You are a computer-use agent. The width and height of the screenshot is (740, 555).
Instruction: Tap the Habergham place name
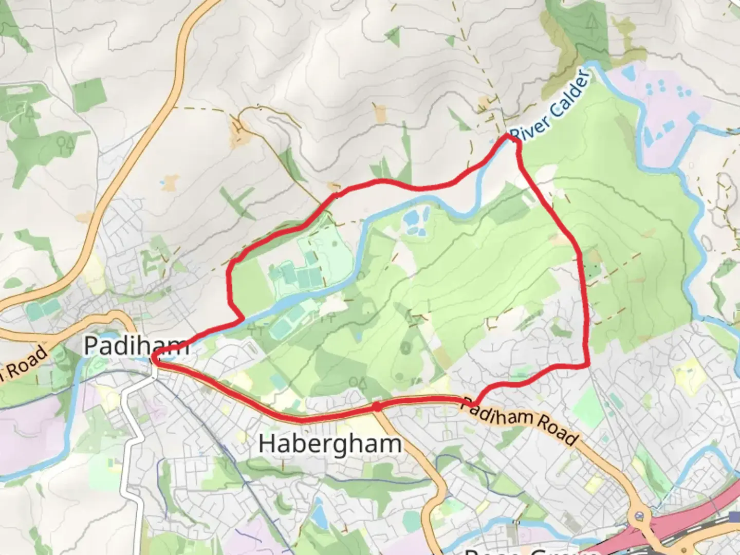(329, 443)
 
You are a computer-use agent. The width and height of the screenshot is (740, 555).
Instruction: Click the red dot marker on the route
(377, 407)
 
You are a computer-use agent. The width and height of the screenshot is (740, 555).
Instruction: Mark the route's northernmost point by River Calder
(510, 136)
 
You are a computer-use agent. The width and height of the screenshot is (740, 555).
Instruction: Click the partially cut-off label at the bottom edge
(532, 551)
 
